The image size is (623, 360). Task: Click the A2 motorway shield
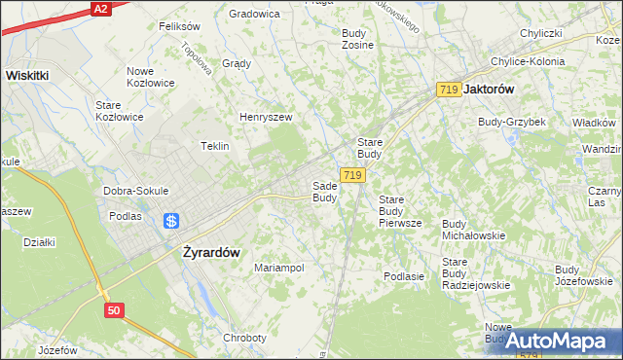tap(99, 8)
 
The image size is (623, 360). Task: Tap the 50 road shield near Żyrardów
tap(116, 309)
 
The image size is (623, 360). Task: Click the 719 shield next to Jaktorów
tap(449, 89)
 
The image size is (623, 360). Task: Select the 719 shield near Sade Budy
tap(353, 175)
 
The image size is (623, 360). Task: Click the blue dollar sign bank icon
tap(171, 221)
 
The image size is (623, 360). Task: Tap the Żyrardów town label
tap(211, 251)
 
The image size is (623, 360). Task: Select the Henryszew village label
tap(266, 117)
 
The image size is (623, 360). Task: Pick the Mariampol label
tap(279, 268)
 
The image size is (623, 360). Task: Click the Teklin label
tap(214, 146)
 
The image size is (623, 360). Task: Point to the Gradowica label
tap(254, 14)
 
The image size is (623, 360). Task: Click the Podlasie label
tap(404, 276)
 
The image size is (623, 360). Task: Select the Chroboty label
tap(244, 338)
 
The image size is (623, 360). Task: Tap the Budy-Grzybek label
tap(511, 122)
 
